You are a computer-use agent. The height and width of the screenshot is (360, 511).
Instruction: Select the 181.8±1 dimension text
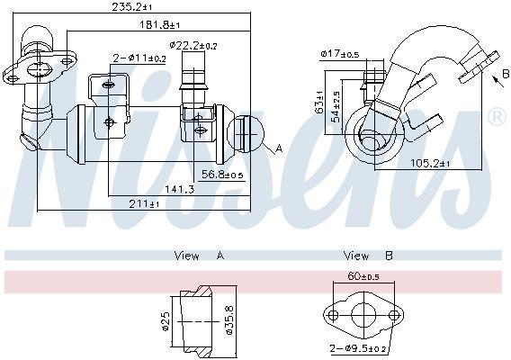tap(160, 24)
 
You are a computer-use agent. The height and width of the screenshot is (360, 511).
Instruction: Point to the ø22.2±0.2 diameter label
tap(193, 46)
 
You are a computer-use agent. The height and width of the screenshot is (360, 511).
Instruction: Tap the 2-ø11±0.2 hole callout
tap(139, 58)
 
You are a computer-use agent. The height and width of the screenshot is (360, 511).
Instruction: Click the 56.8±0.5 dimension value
tap(222, 175)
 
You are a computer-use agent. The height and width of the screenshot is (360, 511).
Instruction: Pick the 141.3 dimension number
tap(180, 189)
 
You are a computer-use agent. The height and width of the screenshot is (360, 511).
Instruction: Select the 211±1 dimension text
tap(144, 204)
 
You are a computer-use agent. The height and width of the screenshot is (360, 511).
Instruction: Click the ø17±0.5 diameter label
tap(340, 53)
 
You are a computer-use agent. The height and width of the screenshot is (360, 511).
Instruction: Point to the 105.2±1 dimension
tap(430, 163)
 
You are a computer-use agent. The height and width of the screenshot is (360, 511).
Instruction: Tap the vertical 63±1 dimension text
tap(319, 102)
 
